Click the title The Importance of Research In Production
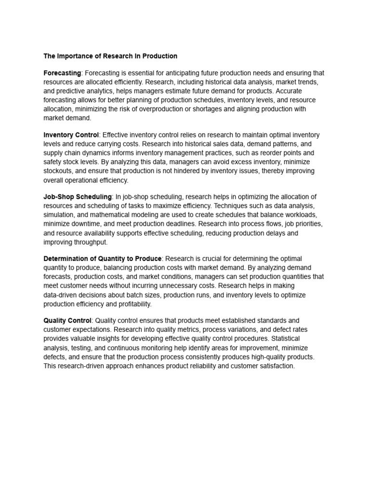tap(110, 56)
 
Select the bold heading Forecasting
tap(62, 73)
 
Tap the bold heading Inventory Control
tap(71, 135)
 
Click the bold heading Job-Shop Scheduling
tap(78, 197)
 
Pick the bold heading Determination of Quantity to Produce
tap(103, 259)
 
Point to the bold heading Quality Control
tap(67, 320)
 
